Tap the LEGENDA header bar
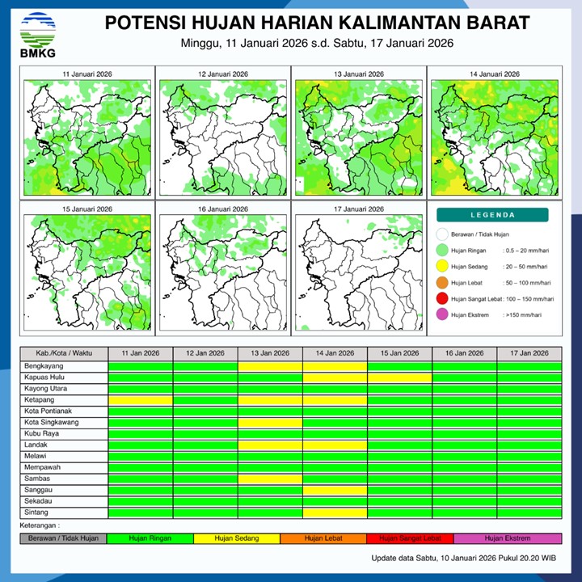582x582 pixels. [x=493, y=215]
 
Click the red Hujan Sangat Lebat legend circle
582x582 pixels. [x=442, y=300]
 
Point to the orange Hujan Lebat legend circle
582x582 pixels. [x=442, y=283]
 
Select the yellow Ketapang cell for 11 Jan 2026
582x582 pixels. [x=141, y=400]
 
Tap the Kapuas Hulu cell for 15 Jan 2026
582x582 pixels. [x=399, y=377]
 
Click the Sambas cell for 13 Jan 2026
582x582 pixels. [x=270, y=479]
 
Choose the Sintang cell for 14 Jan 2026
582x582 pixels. [x=335, y=512]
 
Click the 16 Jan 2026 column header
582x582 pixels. [x=464, y=353]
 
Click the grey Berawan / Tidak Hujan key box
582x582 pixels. [x=64, y=538]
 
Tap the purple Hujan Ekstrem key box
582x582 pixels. [x=508, y=538]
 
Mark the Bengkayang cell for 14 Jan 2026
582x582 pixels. [x=335, y=366]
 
